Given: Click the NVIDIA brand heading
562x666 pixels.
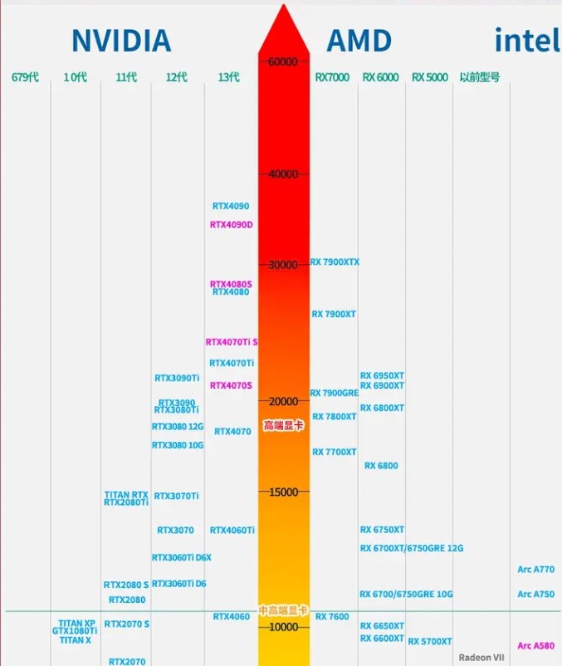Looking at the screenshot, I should (x=121, y=40).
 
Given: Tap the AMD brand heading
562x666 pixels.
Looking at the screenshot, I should (x=359, y=40).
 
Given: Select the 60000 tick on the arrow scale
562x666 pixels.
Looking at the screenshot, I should (x=283, y=61).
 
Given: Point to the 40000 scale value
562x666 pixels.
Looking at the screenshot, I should (x=283, y=174).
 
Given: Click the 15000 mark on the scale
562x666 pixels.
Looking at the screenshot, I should (x=283, y=492).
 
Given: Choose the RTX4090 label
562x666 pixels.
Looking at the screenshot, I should (x=230, y=206).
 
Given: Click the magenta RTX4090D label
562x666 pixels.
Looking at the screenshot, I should (x=231, y=224).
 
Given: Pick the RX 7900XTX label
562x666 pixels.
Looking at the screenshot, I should (x=335, y=262).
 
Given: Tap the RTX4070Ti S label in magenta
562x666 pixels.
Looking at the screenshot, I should (x=232, y=342).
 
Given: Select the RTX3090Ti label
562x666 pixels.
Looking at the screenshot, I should (x=177, y=378).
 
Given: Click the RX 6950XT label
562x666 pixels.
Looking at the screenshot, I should (x=382, y=376).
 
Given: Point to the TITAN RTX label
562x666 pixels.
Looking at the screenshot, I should (x=126, y=495).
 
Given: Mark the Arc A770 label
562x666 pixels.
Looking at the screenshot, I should (x=535, y=570).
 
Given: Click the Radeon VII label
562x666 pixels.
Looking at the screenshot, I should (x=481, y=657).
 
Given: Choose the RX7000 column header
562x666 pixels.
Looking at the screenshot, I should (x=332, y=77).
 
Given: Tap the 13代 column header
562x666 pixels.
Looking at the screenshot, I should (x=228, y=77).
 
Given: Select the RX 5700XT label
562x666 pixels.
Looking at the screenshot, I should (x=430, y=641).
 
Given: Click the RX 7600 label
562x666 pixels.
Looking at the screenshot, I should (x=332, y=617).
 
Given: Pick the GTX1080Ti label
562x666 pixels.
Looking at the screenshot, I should (x=76, y=631).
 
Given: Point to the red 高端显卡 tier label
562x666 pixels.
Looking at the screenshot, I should (x=283, y=425).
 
